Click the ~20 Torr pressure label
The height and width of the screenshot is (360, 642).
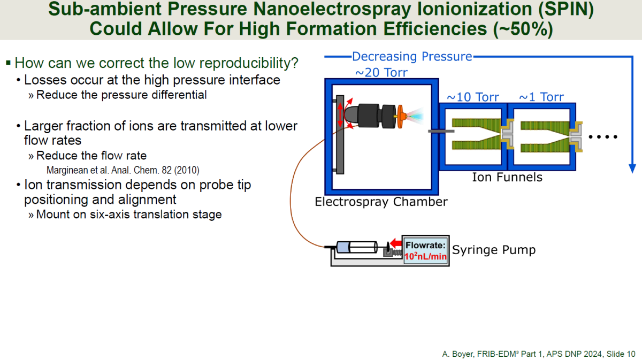tap(381, 72)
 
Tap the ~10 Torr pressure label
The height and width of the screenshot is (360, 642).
tap(472, 97)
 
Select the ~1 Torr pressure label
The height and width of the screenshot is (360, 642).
tap(541, 97)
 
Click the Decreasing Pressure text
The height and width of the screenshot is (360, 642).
tap(412, 56)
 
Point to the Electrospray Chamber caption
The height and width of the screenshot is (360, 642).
tap(381, 202)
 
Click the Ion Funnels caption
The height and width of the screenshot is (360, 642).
tap(507, 177)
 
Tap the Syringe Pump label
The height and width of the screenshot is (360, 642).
tap(494, 250)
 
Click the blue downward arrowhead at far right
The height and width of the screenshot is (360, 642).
tap(632, 168)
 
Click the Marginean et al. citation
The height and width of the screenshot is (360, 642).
tap(123, 171)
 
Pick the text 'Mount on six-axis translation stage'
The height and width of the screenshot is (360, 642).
tap(128, 215)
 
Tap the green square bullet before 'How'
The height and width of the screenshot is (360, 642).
tap(8, 63)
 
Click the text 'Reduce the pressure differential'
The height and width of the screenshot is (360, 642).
tap(121, 95)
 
